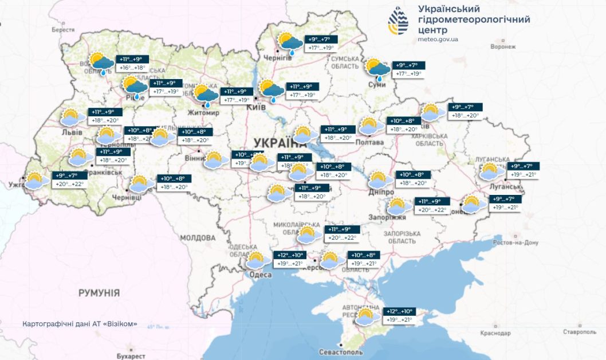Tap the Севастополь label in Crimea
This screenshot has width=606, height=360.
(x=341, y=351)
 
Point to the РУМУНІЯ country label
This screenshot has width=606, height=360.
(x=99, y=293)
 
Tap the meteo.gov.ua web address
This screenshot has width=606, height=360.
(x=438, y=39)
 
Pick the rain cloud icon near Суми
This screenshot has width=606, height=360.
(x=377, y=68)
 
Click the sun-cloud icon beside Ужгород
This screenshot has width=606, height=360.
(x=37, y=181)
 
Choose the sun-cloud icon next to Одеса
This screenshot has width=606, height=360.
(x=258, y=261)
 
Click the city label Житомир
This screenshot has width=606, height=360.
(x=203, y=112)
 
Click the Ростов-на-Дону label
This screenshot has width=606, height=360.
(x=515, y=242)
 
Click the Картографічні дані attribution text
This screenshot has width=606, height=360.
(x=80, y=324)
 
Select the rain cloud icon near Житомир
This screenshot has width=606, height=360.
(x=206, y=95)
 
